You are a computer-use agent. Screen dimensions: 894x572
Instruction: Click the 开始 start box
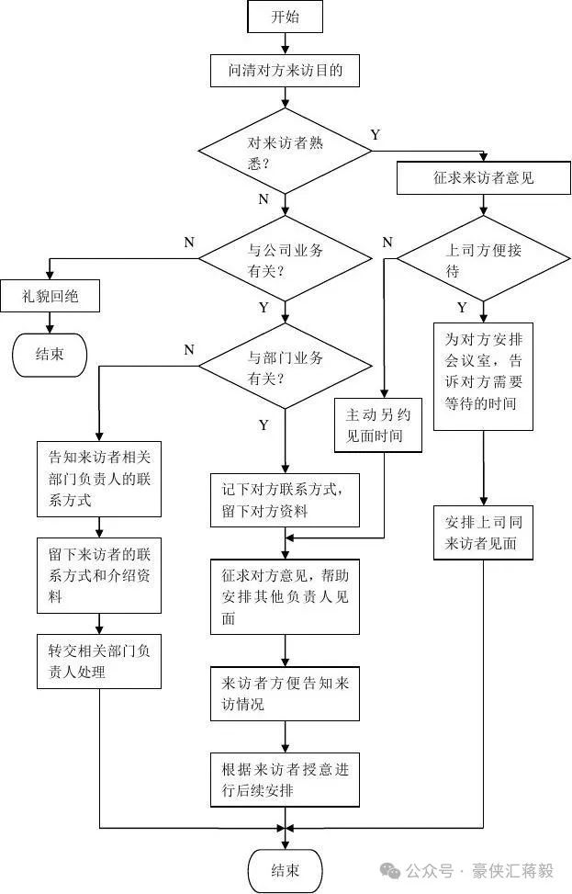coord(285,17)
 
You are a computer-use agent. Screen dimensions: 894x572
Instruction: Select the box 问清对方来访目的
coord(285,70)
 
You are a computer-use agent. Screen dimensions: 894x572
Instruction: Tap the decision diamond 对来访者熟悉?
coord(285,153)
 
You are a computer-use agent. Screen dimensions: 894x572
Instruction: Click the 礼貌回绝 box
coord(50,297)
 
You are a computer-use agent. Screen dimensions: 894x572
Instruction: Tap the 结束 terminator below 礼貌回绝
coord(50,354)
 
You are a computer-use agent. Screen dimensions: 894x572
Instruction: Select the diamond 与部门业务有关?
coord(285,368)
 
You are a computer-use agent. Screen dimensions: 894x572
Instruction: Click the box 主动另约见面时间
coord(380,424)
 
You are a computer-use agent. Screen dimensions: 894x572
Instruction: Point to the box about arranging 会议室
coord(483,377)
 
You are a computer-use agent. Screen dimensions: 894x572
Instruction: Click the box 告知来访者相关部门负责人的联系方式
coord(99,479)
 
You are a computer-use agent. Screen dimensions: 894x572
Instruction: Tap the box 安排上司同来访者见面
coord(483,532)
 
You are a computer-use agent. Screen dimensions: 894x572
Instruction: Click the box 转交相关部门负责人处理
coord(99,661)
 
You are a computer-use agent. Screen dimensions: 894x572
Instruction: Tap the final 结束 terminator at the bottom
coord(285,869)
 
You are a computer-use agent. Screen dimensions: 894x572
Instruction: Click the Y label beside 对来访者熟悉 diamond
coord(376,135)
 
